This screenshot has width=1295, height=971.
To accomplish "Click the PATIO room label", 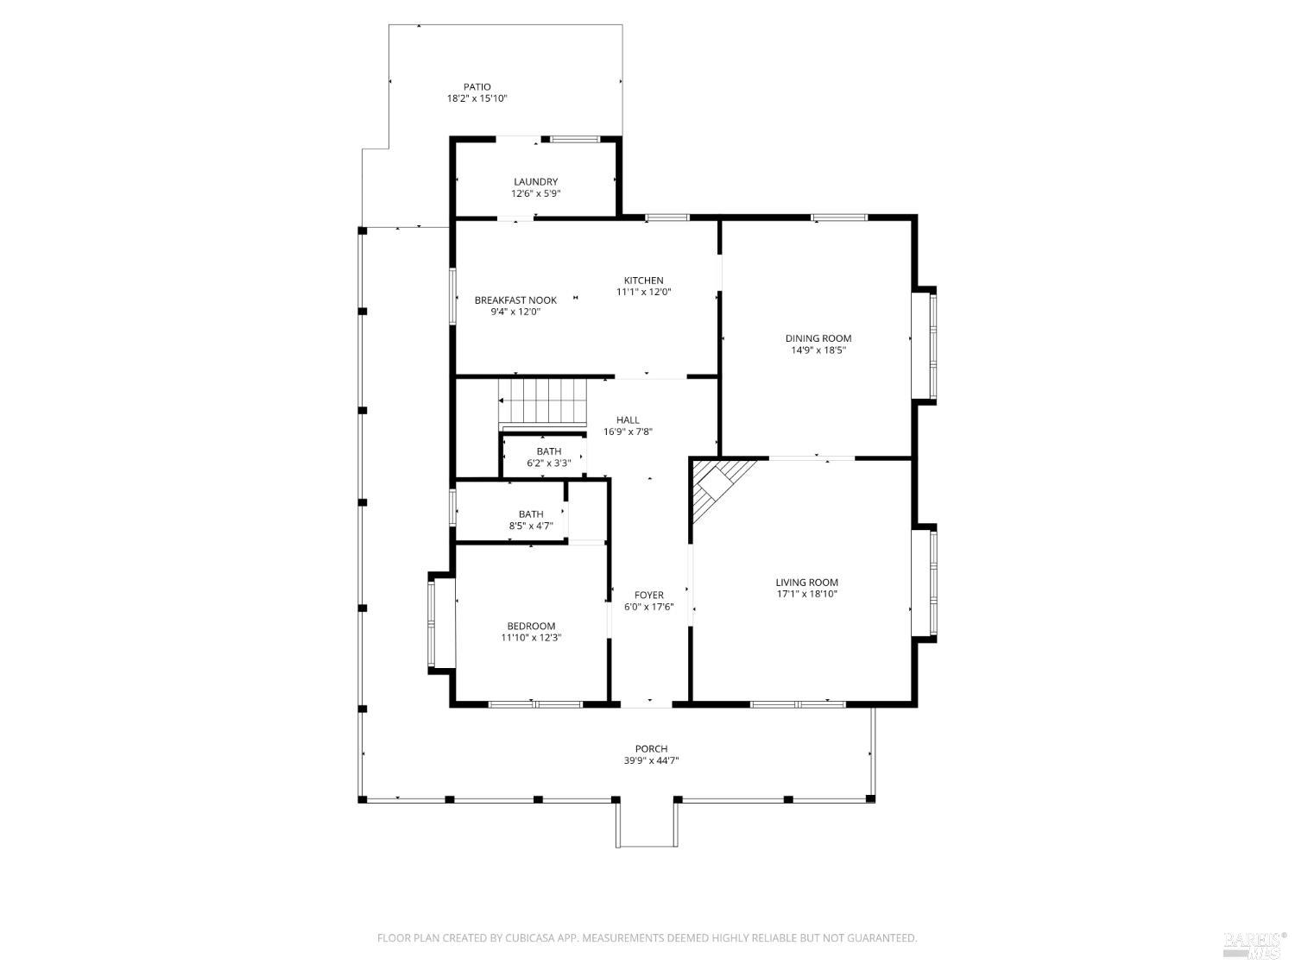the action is point(477,86).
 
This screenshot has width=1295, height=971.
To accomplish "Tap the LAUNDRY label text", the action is point(536,181).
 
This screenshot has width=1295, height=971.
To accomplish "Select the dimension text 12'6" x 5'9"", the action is point(536,193).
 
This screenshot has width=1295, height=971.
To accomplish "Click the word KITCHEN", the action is point(644,280).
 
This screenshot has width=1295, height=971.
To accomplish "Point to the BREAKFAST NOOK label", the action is point(515,300).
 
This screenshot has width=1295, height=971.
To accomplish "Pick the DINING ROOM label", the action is point(818,338).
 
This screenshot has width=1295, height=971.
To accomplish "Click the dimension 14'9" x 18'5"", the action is point(818,350).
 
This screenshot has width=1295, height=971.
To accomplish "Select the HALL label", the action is point(628,419).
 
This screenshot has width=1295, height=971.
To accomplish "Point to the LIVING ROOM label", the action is point(806,583).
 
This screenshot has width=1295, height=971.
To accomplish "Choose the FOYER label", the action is point(649,595).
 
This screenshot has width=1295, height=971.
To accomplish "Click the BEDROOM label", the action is point(531,626).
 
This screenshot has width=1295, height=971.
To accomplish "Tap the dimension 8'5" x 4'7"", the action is point(531,526).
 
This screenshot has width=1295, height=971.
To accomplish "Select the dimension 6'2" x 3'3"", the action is point(549,463).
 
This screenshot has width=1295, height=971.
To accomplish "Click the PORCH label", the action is point(651,748).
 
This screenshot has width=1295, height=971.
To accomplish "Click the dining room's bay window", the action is point(924,345).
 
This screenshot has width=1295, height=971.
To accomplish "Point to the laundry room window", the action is point(575,140).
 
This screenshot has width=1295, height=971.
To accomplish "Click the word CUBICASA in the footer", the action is point(530,937).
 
